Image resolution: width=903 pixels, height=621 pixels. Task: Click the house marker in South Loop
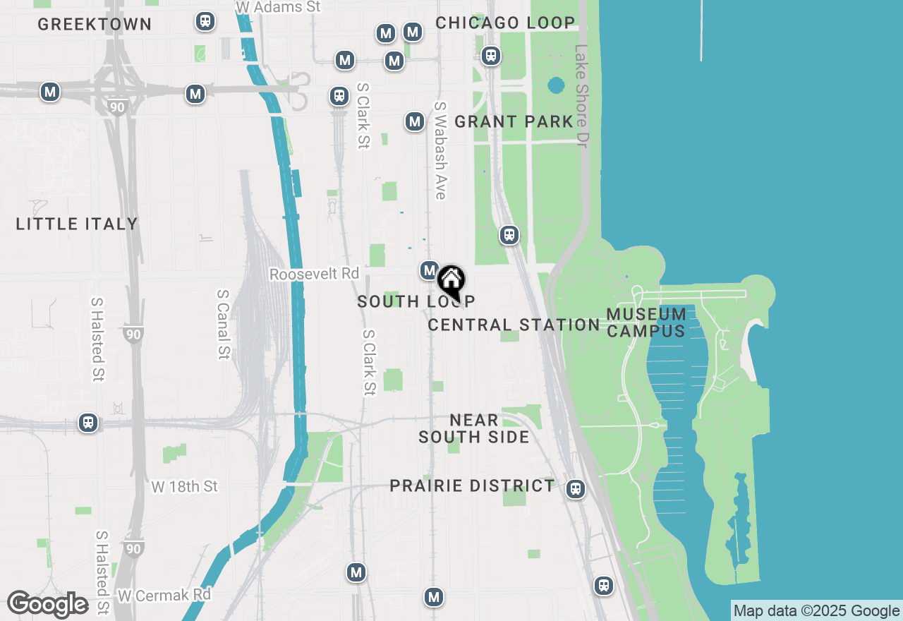tap(451, 281)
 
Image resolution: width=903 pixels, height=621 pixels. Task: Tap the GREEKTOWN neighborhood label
tap(95, 24)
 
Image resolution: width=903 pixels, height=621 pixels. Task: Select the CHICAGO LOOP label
tap(505, 23)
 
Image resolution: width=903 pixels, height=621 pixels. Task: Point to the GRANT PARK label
tap(514, 121)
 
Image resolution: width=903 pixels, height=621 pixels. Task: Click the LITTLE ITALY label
tap(77, 224)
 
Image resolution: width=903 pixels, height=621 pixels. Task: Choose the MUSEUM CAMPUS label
tap(646, 322)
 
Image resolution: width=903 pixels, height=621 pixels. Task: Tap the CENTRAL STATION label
tap(514, 325)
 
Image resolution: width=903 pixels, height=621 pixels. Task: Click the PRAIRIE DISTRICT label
tap(473, 486)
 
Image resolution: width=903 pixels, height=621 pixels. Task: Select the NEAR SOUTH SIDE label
tap(474, 428)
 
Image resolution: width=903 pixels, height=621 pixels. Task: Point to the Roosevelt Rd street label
tap(314, 274)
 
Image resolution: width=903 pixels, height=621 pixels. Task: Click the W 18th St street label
tap(185, 486)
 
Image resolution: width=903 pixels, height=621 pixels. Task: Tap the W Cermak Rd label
tap(164, 595)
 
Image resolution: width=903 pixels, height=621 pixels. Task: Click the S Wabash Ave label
tap(441, 150)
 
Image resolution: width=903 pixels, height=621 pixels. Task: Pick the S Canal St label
tap(224, 324)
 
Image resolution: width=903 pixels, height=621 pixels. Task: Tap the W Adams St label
tap(278, 7)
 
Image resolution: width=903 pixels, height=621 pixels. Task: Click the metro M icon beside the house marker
tap(430, 270)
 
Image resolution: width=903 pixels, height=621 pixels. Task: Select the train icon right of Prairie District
tap(576, 488)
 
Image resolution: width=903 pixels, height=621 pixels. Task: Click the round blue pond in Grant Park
tap(556, 86)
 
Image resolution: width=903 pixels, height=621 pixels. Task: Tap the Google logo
tap(48, 605)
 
